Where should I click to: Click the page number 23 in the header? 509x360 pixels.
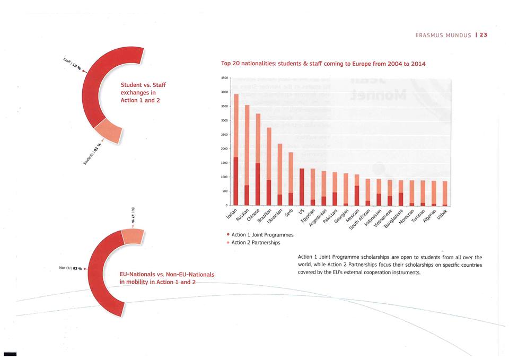[484, 35]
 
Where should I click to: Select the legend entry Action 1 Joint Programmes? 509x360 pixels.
[259, 234]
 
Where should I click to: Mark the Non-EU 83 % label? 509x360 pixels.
[69, 269]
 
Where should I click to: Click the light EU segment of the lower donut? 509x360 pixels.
[132, 236]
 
